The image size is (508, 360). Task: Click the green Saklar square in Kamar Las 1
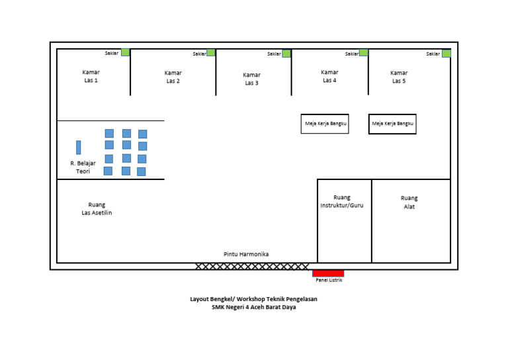(125, 52)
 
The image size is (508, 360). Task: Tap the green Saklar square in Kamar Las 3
(286, 54)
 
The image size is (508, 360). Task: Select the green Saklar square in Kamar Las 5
(446, 54)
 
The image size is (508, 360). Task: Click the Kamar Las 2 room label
(173, 77)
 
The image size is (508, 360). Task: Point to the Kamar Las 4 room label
(329, 76)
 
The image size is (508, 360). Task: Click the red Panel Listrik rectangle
(328, 273)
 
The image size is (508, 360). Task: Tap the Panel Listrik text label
(329, 280)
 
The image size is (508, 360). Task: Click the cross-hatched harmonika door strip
(252, 266)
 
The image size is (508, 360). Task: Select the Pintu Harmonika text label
(246, 254)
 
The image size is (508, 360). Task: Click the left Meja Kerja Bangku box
(325, 124)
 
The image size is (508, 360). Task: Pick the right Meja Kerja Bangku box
(393, 124)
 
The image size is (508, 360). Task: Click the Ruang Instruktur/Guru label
(342, 201)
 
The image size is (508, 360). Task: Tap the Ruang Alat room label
(409, 202)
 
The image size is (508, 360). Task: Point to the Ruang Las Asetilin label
(97, 208)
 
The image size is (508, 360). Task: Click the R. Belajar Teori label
(83, 167)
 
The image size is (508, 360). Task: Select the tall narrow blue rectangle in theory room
(78, 147)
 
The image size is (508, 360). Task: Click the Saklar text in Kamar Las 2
(199, 54)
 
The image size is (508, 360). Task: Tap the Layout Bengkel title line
(253, 299)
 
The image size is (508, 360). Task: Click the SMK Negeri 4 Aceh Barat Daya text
(253, 306)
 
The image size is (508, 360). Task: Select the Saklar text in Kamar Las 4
(351, 54)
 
